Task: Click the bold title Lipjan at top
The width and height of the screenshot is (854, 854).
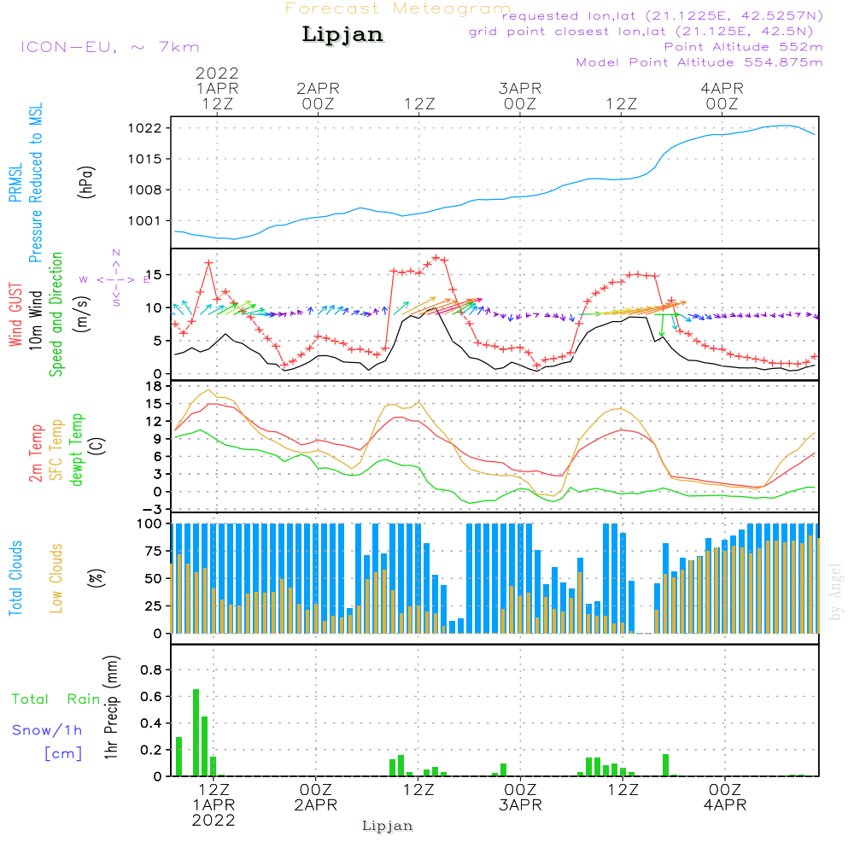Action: pos(342,35)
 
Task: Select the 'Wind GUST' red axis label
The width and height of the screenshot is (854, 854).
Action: pos(16,315)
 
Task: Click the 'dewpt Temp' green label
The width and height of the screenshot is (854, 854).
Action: pos(77,450)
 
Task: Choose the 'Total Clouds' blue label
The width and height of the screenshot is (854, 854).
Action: pos(16,578)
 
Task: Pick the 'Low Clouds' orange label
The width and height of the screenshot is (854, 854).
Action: pos(57,578)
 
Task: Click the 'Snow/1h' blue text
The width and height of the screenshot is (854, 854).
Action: pos(47,730)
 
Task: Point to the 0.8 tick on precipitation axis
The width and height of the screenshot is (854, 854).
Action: pos(150,670)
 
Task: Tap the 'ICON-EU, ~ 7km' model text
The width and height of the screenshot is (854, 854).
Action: pos(109,47)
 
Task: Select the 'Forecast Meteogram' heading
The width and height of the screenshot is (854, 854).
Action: pos(398,9)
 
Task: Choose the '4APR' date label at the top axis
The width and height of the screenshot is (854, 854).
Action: pos(722,88)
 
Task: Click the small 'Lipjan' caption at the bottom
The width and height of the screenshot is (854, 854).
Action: pos(388,826)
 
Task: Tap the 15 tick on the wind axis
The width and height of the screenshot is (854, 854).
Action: pos(155,274)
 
